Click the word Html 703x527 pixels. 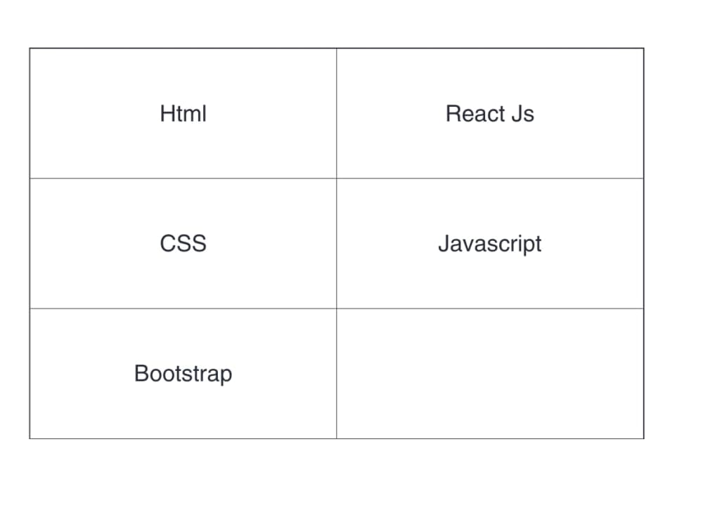tap(183, 113)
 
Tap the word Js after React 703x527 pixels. tap(523, 113)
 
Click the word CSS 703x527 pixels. tap(183, 243)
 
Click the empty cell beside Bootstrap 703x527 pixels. tap(490, 373)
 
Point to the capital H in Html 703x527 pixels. tap(168, 113)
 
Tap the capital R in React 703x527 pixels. tap(453, 113)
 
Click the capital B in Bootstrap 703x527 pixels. tap(142, 373)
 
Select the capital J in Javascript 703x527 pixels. tap(444, 243)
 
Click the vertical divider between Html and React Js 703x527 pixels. tap(337, 113)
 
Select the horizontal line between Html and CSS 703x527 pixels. tap(183, 178)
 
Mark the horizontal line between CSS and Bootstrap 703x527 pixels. tap(183, 308)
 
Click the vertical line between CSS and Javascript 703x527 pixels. tap(337, 243)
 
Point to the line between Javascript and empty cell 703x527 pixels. tap(490, 308)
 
